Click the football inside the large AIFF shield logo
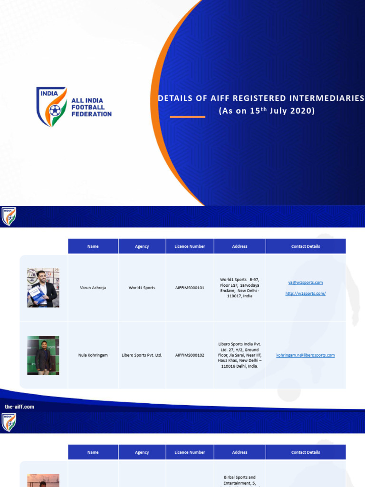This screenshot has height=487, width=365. pyautogui.click(x=55, y=111)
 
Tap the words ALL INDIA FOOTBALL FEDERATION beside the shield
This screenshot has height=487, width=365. pyautogui.click(x=91, y=107)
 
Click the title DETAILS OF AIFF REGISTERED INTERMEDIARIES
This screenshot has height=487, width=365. pyautogui.click(x=261, y=98)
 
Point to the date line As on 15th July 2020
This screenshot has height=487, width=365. pyautogui.click(x=267, y=111)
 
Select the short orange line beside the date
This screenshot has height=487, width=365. pyautogui.click(x=187, y=117)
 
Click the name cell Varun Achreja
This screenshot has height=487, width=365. pyautogui.click(x=93, y=288)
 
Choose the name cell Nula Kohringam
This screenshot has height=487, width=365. pyautogui.click(x=93, y=355)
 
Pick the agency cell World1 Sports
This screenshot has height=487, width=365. pyautogui.click(x=142, y=288)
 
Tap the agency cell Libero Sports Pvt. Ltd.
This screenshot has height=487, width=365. pyautogui.click(x=142, y=355)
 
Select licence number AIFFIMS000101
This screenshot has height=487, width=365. pyautogui.click(x=190, y=288)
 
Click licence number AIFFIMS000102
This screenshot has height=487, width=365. pyautogui.click(x=190, y=355)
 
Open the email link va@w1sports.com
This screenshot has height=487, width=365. pyautogui.click(x=305, y=282)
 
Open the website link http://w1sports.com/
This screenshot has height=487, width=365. pyautogui.click(x=305, y=293)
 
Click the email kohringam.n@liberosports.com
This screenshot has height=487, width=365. pyautogui.click(x=305, y=355)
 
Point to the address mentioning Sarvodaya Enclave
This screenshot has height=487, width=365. pyautogui.click(x=240, y=288)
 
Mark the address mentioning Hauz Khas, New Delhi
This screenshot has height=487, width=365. pyautogui.click(x=240, y=355)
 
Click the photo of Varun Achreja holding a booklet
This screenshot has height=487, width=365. pyautogui.click(x=43, y=288)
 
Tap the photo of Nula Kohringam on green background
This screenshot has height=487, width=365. pyautogui.click(x=43, y=355)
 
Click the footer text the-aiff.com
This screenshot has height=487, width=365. pyautogui.click(x=19, y=407)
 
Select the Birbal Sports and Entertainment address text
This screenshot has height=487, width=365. pyautogui.click(x=240, y=480)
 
